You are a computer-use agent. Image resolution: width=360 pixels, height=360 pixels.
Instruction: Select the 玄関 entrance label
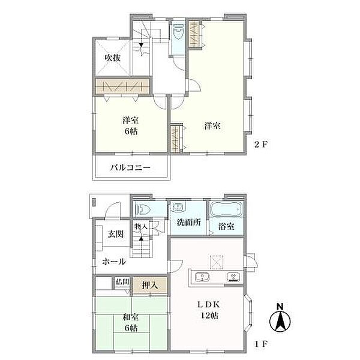point(116,234)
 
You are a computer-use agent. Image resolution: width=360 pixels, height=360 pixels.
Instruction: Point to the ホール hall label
point(113,262)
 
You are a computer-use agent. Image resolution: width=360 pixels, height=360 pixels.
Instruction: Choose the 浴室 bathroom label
point(226,227)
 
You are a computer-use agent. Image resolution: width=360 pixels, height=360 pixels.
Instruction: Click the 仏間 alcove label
point(122,280)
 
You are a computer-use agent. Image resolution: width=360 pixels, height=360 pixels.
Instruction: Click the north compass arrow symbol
point(280,318)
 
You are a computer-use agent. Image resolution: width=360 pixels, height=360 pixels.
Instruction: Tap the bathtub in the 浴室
point(226,210)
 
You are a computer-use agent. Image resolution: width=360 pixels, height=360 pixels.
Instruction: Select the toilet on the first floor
point(143,209)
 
